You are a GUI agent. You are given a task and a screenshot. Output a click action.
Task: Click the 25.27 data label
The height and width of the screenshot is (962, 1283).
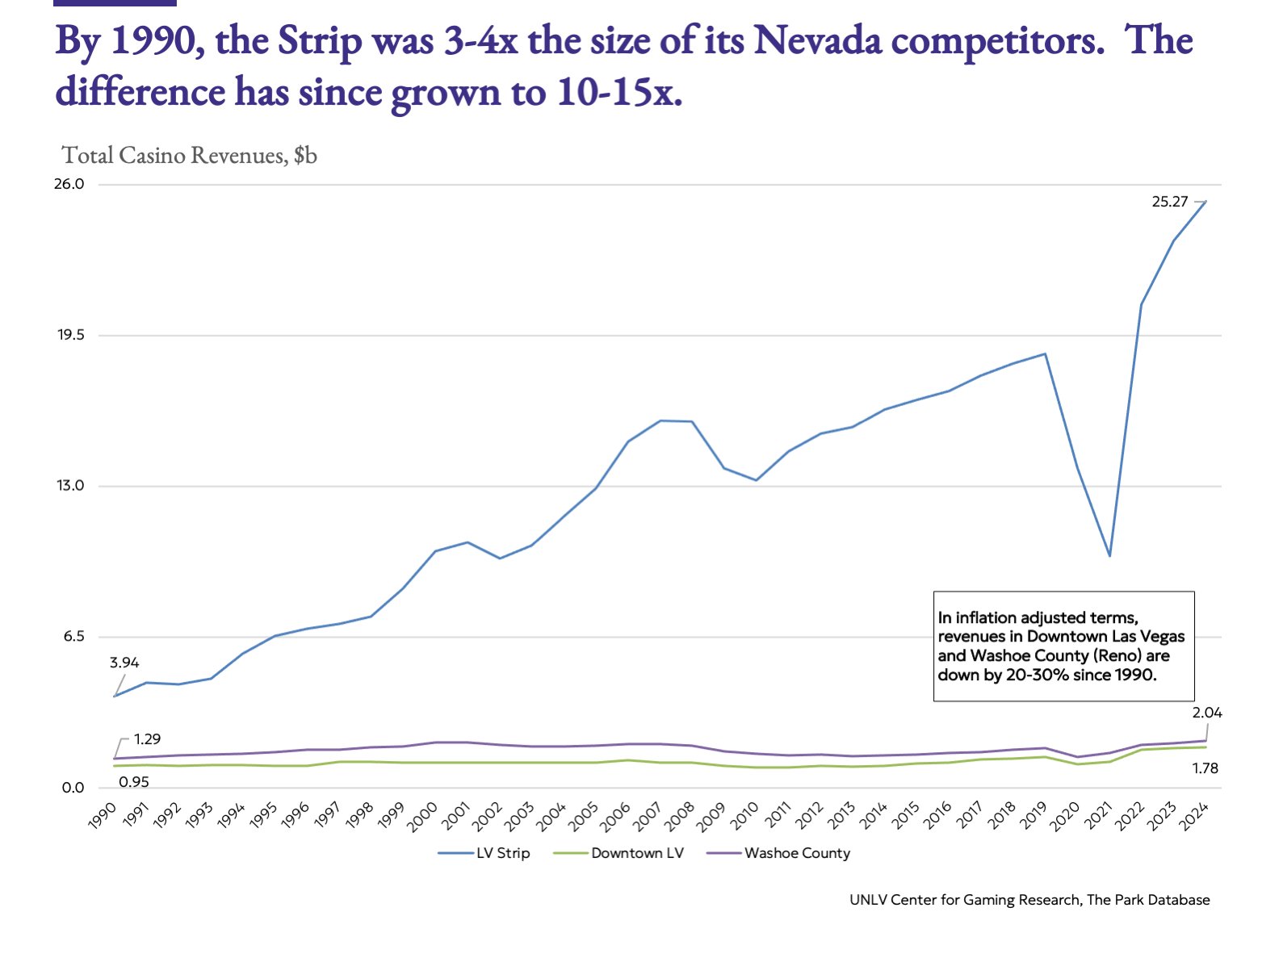tap(1169, 202)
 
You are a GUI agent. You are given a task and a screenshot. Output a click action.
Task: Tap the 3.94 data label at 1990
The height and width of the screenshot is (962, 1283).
tap(124, 663)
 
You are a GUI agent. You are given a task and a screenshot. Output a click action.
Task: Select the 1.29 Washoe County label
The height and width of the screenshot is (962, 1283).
tap(147, 739)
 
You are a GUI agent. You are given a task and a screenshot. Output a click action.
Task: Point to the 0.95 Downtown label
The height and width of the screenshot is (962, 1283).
tap(134, 781)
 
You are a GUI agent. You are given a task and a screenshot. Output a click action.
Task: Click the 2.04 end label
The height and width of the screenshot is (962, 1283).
tap(1207, 713)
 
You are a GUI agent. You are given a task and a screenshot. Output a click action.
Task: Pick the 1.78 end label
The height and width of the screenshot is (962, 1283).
tap(1205, 768)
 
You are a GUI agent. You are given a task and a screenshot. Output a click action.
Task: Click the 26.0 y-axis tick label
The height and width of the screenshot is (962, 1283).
tap(69, 184)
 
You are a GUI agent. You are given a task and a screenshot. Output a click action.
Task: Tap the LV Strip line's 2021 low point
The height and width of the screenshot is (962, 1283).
tap(1110, 556)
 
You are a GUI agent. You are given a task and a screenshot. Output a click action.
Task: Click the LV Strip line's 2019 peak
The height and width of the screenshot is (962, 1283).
tap(1046, 353)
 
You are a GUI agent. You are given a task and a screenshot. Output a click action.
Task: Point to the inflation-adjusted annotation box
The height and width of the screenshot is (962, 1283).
tap(1063, 646)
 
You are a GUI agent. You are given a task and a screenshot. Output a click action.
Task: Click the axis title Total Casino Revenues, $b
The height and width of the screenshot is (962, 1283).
tap(190, 155)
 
